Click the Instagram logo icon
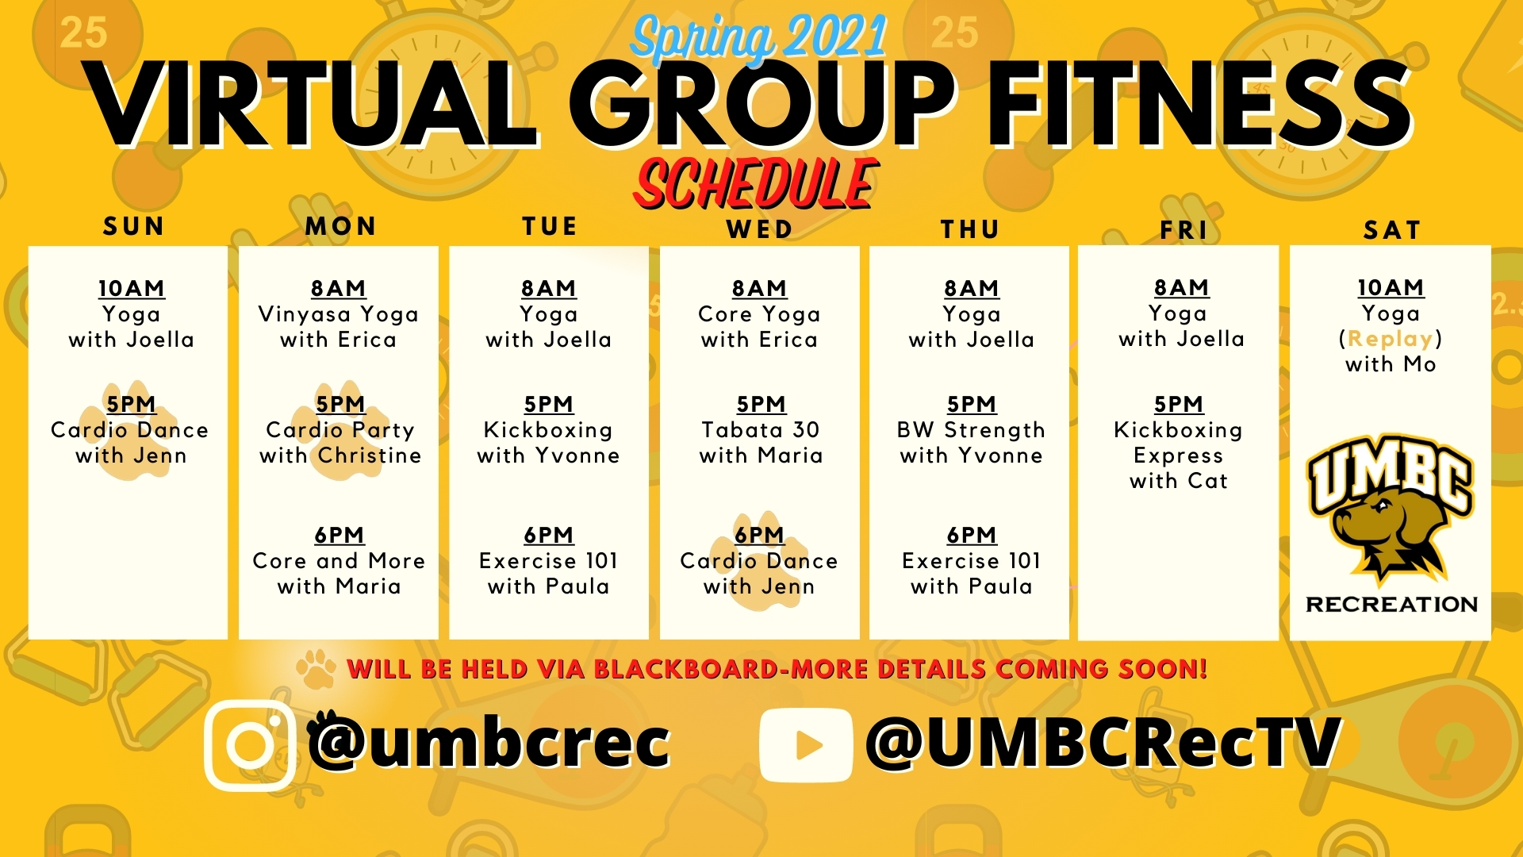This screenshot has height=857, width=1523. tap(250, 745)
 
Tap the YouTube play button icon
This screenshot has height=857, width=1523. tap(806, 745)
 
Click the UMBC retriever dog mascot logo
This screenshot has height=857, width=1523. tap(1390, 507)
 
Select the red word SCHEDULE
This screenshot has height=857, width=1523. tap(756, 184)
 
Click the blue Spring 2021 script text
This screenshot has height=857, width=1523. tap(759, 37)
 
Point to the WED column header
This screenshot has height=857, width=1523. tap(760, 229)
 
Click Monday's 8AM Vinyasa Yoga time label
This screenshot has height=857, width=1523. tap(339, 288)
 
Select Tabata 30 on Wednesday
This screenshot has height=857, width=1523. tap(761, 430)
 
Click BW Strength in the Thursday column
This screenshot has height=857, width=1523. tap(971, 430)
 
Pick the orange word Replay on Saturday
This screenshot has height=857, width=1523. tap(1391, 339)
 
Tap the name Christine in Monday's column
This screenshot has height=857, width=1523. tap(370, 455)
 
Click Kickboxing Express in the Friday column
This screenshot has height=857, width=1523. tap(1178, 443)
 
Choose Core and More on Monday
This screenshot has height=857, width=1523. tap(339, 561)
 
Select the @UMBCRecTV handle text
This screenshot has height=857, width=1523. tap(1103, 743)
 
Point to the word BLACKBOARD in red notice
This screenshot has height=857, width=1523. tap(685, 669)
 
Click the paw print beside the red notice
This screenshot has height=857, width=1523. tap(316, 669)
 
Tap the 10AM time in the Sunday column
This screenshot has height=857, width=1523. tap(132, 288)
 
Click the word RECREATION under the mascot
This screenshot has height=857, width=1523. tap(1392, 605)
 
